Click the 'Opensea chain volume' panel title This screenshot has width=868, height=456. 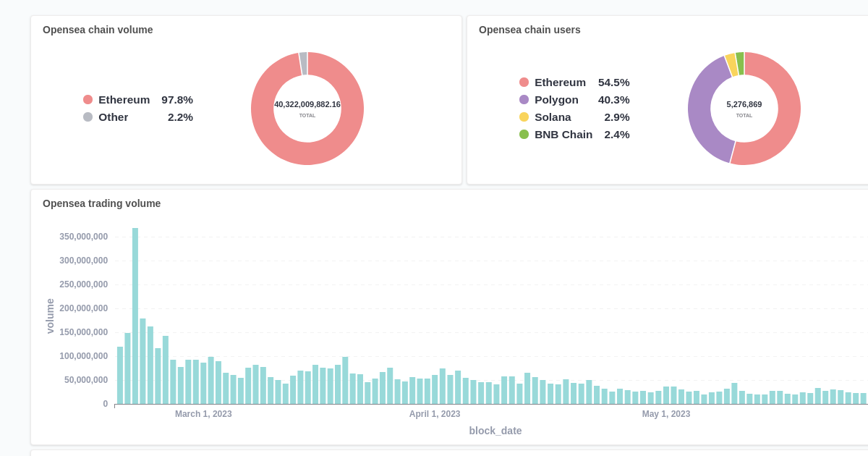pos(98,30)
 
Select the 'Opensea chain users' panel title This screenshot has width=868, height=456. pos(529,30)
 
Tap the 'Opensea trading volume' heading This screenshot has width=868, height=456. pos(101,203)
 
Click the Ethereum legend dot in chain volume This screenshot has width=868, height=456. pos(88,100)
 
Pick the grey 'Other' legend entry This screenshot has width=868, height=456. pos(113,117)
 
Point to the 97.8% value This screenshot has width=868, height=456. pos(177,100)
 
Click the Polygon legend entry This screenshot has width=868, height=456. pos(556,100)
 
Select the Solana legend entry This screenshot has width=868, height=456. pos(552,117)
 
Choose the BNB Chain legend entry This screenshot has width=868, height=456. pos(563,135)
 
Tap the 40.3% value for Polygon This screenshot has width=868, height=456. pos(613,100)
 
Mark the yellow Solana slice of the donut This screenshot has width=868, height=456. pos(731,64)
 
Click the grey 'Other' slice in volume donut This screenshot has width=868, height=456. pos(304,63)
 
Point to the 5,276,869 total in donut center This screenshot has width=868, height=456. pos(744,104)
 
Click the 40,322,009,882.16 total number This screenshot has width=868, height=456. pos(307,104)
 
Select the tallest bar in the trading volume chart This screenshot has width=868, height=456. pos(135,316)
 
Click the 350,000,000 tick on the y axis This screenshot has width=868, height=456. pos(83,237)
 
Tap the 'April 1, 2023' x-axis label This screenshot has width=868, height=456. pos(435,414)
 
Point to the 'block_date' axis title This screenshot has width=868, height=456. pos(495,431)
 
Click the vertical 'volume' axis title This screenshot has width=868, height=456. pos(50,316)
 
